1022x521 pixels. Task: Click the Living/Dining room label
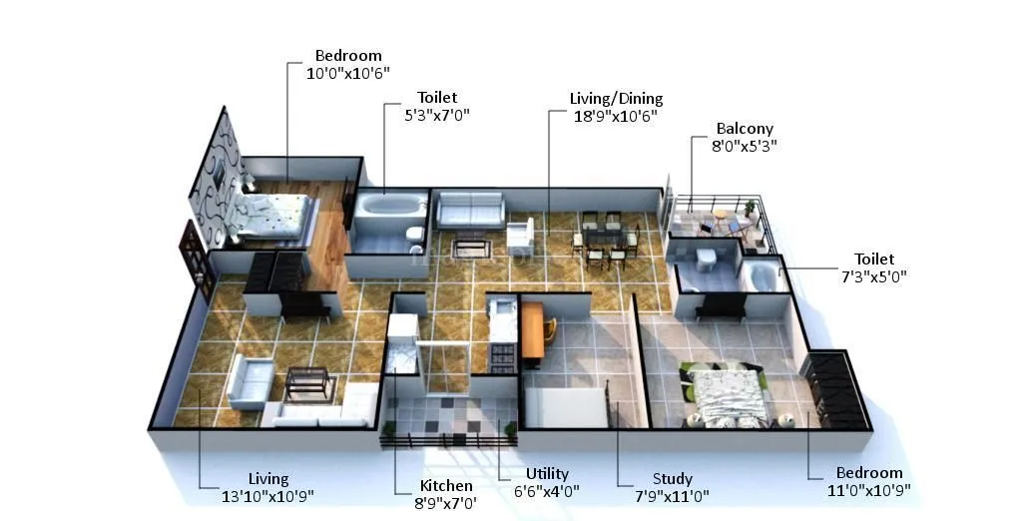pos(616,99)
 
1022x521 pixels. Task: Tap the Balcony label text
pos(744,129)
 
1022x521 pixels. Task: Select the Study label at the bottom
pos(672,479)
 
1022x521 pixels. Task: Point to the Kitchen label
pos(445,486)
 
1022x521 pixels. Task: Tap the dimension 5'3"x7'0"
pos(436,114)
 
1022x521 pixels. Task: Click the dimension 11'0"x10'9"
pos(868,489)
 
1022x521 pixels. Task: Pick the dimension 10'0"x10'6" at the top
pos(348,72)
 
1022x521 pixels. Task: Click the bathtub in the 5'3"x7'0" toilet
pos(390,209)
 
